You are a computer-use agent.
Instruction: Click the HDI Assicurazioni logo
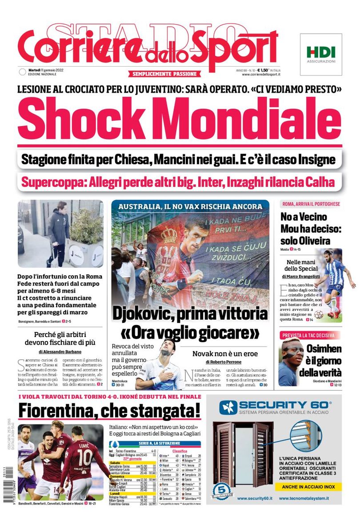click(x=321, y=54)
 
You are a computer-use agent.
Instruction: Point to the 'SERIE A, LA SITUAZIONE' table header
click(x=153, y=443)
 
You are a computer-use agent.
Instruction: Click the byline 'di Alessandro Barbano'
click(x=60, y=352)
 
